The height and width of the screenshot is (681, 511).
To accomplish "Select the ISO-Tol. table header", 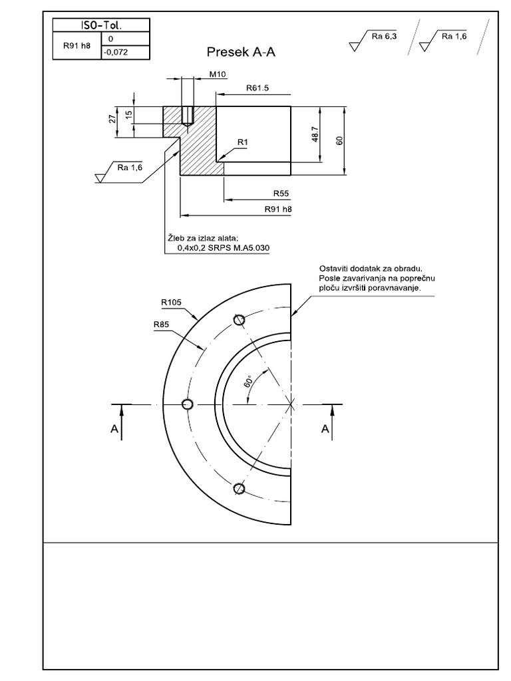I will pyautogui.click(x=101, y=25).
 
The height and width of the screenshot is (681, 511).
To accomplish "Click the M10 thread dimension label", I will pyautogui.click(x=218, y=75).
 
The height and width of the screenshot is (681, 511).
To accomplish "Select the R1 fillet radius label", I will pyautogui.click(x=242, y=142).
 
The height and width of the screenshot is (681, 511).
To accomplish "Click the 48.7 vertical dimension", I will pyautogui.click(x=315, y=134).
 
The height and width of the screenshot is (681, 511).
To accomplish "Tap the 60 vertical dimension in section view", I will pyautogui.click(x=339, y=141).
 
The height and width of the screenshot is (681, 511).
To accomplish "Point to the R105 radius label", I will pyautogui.click(x=171, y=301).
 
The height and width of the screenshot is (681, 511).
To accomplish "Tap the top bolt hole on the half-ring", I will pyautogui.click(x=240, y=320).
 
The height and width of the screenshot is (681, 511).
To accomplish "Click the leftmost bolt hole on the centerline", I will pyautogui.click(x=188, y=404).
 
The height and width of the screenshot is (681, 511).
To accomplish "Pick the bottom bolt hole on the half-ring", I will pyautogui.click(x=240, y=489).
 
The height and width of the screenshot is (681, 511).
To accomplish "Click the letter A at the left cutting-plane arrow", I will pyautogui.click(x=115, y=430).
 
